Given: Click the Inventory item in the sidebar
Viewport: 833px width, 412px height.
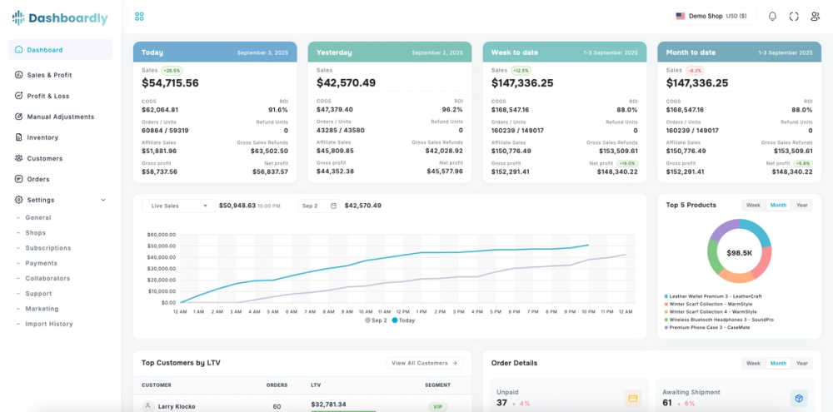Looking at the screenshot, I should [x=42, y=137].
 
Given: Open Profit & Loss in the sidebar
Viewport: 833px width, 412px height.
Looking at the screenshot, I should [x=47, y=96].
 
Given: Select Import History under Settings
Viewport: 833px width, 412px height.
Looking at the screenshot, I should [x=49, y=324].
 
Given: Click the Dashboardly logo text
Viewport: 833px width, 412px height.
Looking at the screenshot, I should [x=67, y=18].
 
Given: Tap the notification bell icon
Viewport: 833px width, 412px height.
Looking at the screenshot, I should [x=772, y=16].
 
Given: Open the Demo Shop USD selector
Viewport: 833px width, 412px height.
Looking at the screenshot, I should [x=711, y=16].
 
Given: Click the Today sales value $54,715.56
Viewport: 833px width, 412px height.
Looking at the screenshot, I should [x=170, y=83].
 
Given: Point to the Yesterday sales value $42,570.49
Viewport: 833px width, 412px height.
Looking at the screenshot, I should [x=346, y=83].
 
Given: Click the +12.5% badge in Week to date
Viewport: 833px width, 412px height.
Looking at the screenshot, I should [x=521, y=71].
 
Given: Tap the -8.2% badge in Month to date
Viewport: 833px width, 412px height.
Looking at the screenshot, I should [x=695, y=71].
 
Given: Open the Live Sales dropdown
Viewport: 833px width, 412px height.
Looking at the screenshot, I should [x=177, y=206].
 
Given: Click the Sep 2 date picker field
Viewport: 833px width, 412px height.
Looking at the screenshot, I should [x=319, y=206].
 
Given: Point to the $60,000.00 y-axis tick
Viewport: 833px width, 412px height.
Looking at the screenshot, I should [x=162, y=235].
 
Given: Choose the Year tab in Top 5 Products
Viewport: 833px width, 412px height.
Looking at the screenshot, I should [x=801, y=205].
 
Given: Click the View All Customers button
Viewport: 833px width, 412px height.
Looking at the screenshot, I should [x=425, y=363].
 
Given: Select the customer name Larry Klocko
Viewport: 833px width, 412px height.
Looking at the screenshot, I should [x=177, y=406].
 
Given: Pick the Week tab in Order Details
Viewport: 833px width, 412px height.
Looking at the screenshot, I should [x=753, y=363].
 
